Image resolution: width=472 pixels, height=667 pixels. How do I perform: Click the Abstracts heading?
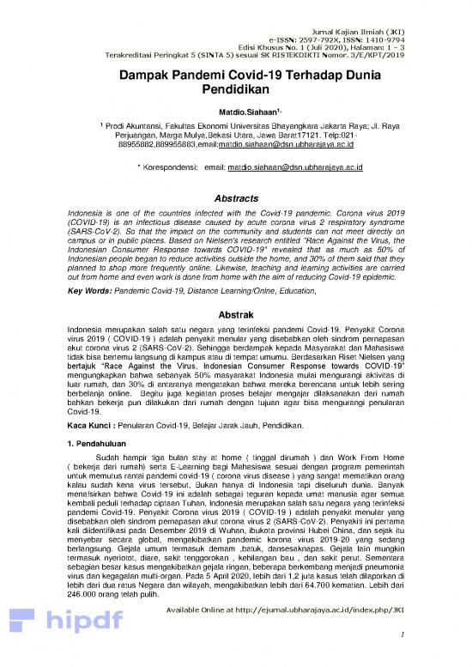click(235, 195)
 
